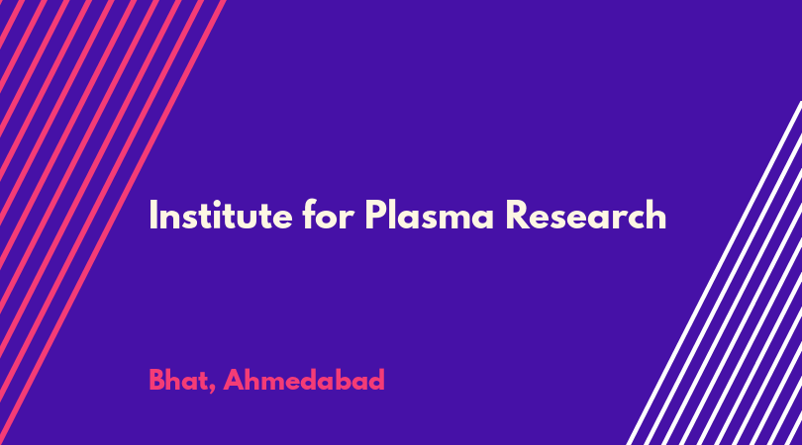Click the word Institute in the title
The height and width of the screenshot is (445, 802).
[x=221, y=215]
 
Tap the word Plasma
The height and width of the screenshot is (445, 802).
[x=430, y=214]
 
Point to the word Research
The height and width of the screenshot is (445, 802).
[x=586, y=214]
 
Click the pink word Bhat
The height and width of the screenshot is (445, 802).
[x=179, y=380]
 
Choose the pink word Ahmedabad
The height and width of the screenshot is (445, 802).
[x=304, y=380]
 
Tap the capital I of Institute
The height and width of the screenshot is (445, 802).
[x=151, y=215]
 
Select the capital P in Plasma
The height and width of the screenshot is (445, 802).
[x=375, y=215]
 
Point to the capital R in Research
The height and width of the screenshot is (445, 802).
[x=516, y=215]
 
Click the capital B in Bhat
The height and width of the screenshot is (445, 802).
[x=156, y=380]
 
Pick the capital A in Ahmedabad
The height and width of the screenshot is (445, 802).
[x=234, y=380]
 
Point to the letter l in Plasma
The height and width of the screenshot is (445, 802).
[x=391, y=214]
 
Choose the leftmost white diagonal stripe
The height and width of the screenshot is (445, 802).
[x=714, y=273]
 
